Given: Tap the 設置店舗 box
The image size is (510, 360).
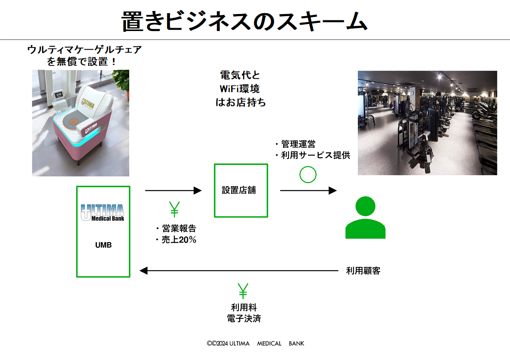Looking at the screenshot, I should click(x=241, y=190).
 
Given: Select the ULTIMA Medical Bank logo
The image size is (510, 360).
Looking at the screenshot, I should click(x=102, y=213).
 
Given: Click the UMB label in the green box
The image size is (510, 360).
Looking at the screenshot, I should click(x=103, y=245).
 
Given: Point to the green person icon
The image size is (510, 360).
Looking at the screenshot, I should click(x=365, y=217).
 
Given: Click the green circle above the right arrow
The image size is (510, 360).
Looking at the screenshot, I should click(x=308, y=174).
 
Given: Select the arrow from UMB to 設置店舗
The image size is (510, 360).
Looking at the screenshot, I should click(x=173, y=190).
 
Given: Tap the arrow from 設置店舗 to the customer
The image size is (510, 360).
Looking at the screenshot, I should click(x=308, y=190).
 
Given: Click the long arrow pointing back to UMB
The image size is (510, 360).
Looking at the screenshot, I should click(x=238, y=270).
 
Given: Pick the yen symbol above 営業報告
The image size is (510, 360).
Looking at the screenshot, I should click(x=174, y=210).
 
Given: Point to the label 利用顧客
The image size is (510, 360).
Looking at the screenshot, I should click(x=363, y=271).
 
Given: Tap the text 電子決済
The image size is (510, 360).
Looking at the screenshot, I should click(x=244, y=318).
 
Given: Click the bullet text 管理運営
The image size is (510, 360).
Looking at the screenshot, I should click(x=297, y=144).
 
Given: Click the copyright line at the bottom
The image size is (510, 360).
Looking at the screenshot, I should click(x=255, y=343).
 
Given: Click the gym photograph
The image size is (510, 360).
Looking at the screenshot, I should click(x=427, y=123).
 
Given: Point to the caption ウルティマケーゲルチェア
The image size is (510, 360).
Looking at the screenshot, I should click(x=84, y=50).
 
